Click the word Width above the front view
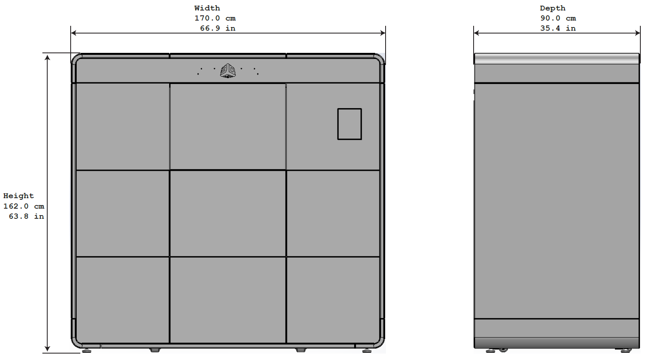point(207,8)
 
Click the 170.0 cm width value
point(215,18)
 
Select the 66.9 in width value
point(218,28)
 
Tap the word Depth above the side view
point(552,8)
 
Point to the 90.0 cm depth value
point(558,18)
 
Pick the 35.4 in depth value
point(558,28)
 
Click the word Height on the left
point(19,196)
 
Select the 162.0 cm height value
point(23,206)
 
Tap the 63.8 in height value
point(26,216)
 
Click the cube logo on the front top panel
point(228,71)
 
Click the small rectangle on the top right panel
point(349,124)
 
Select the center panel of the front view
point(228,213)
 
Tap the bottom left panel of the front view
point(122,299)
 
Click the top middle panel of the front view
point(228,126)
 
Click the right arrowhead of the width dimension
point(382,33)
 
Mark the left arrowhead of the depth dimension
point(476,33)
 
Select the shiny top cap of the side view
point(556,59)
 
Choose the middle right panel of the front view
point(333,213)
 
